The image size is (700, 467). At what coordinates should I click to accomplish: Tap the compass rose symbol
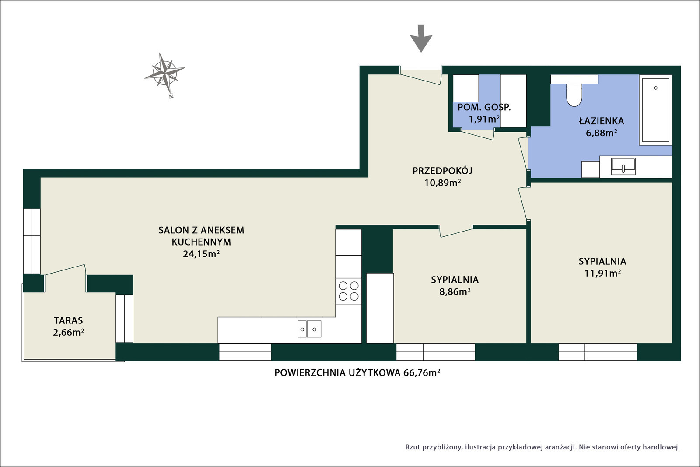(x=164, y=74)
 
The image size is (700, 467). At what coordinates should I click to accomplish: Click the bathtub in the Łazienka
(x=656, y=110)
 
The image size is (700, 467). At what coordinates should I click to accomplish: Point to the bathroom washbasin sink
(x=623, y=166)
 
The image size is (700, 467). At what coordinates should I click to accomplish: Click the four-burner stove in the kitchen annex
(x=348, y=291)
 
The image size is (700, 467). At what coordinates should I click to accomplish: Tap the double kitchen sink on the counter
(x=309, y=329)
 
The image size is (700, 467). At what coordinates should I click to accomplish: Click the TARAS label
(x=68, y=320)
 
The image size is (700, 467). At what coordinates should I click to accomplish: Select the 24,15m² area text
(x=201, y=254)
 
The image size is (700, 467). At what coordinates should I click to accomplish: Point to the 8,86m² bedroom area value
(x=455, y=291)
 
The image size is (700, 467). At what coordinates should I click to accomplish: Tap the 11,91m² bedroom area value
(x=602, y=273)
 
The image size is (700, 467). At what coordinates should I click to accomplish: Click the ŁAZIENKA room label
(x=601, y=121)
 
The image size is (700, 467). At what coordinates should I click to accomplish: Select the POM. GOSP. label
(x=484, y=107)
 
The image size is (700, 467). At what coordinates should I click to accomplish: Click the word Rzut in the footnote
(x=413, y=447)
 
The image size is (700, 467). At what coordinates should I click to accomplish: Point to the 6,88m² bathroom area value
(x=602, y=133)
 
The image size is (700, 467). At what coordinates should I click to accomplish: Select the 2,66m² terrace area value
(x=68, y=332)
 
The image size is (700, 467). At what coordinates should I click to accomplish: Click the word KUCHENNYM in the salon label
(x=201, y=242)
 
